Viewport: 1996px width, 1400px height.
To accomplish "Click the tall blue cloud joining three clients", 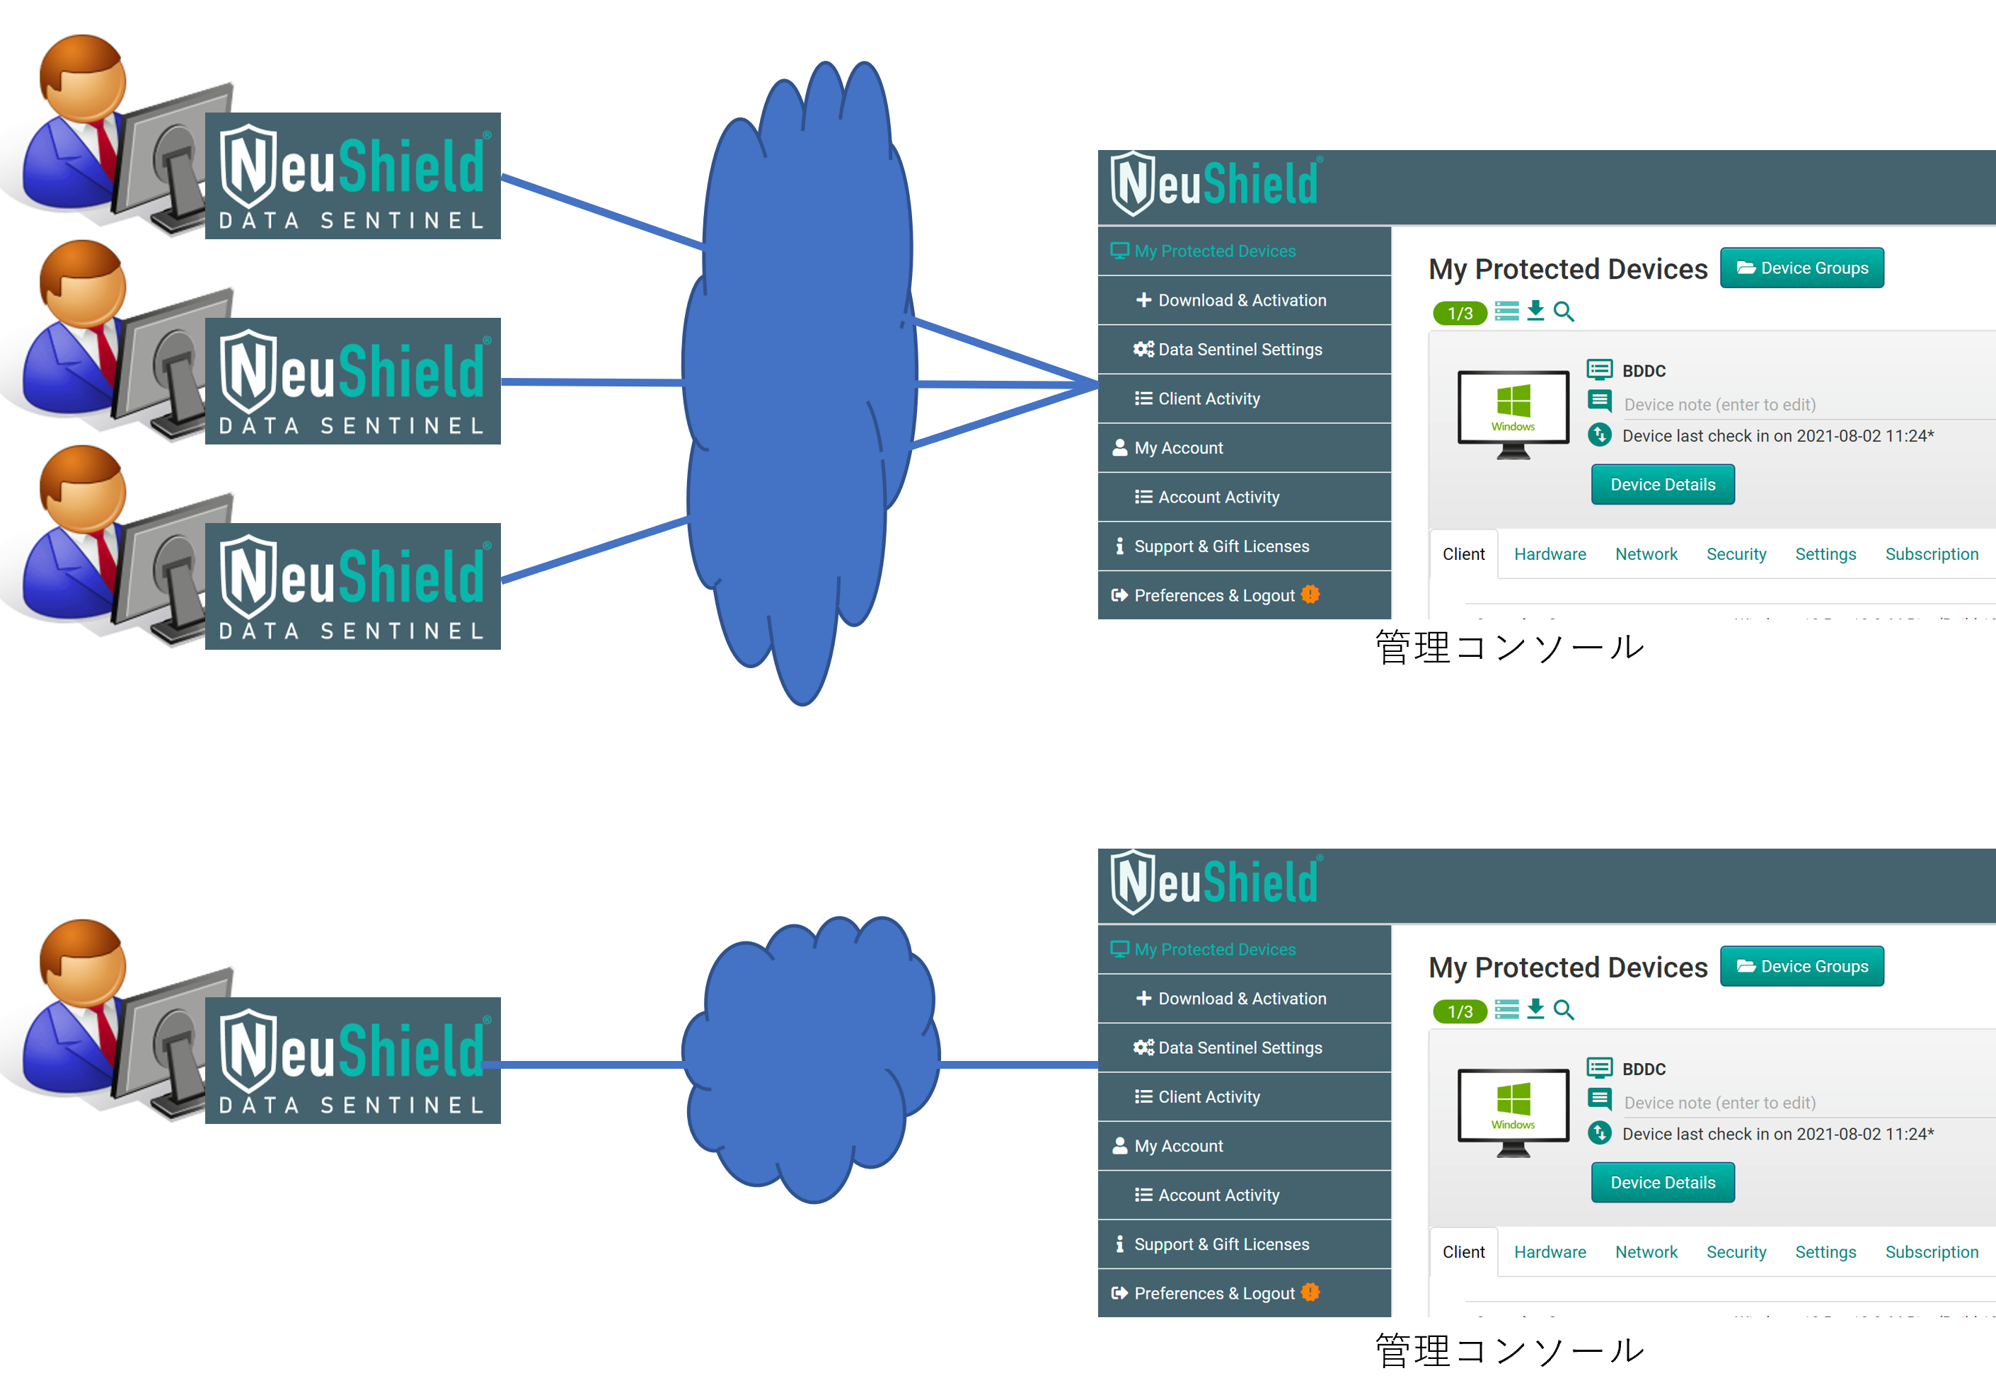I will [x=800, y=383].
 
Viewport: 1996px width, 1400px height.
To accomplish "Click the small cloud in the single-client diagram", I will [x=809, y=1061].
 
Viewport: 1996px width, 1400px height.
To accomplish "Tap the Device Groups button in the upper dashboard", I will [x=1801, y=268].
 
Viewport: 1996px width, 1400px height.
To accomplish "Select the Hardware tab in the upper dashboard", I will [x=1549, y=554].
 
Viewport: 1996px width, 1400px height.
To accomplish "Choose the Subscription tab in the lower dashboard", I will [x=1931, y=1252].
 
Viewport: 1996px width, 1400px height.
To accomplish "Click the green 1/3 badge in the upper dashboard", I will [x=1460, y=313].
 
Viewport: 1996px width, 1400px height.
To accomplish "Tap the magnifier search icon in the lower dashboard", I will [x=1563, y=1009].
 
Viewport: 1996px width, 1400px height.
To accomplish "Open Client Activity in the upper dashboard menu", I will [x=1208, y=399].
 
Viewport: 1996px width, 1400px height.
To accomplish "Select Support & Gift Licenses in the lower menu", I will [x=1221, y=1244].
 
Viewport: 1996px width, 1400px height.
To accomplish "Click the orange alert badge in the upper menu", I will [x=1310, y=595].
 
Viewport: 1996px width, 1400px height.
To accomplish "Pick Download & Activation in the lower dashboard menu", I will [x=1242, y=998].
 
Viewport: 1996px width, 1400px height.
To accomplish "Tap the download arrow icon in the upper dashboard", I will [x=1535, y=311].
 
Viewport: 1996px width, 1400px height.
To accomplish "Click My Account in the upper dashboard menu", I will [x=1178, y=448].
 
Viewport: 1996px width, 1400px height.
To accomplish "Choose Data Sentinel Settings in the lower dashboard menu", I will [x=1240, y=1048].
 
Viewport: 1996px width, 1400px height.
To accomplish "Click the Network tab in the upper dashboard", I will [x=1646, y=554].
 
